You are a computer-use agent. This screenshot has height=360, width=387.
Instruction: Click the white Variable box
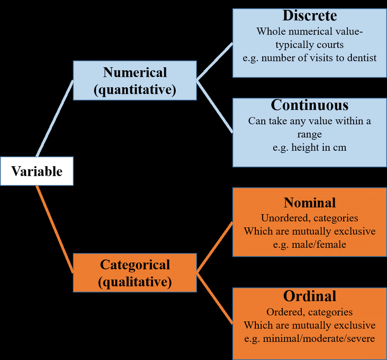pos(36,171)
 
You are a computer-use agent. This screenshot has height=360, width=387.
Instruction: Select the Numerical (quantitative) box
pos(135,81)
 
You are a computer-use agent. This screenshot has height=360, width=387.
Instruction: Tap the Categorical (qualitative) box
pos(135,273)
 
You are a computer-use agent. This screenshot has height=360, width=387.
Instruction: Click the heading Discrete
pos(310,15)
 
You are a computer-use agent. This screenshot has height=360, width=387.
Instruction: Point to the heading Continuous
pos(310,105)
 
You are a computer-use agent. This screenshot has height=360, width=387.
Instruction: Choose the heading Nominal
pos(310,203)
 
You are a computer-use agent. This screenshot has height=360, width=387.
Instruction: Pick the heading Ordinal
pos(310,296)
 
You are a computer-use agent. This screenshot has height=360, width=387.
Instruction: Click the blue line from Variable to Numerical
pos(55,118)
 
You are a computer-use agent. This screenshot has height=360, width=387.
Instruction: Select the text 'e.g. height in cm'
pos(310,148)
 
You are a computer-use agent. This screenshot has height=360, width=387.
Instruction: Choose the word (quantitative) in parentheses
pos(135,90)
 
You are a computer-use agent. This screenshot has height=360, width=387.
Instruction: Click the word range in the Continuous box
pos(310,135)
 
